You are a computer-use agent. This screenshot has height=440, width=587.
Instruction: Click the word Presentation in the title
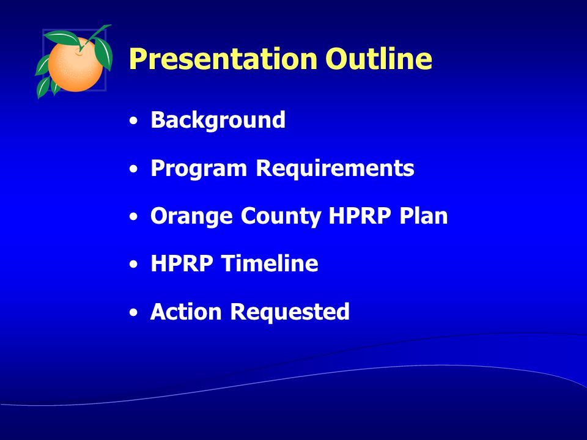pyautogui.click(x=223, y=59)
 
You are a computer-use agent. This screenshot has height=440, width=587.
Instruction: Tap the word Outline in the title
pyautogui.click(x=378, y=59)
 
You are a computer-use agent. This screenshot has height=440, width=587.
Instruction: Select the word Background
pyautogui.click(x=218, y=120)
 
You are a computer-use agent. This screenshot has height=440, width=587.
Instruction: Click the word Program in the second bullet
pyautogui.click(x=199, y=169)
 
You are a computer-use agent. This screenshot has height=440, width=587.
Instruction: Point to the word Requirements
pyautogui.click(x=335, y=169)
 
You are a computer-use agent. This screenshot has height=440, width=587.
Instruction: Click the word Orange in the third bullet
pyautogui.click(x=191, y=216)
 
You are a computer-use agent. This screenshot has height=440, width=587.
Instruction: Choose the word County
pyautogui.click(x=281, y=216)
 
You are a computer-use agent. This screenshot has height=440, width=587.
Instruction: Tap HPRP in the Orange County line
pyautogui.click(x=360, y=216)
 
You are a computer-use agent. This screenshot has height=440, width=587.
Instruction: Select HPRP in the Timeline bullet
pyautogui.click(x=182, y=263)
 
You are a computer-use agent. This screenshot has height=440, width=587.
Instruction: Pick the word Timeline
pyautogui.click(x=270, y=263)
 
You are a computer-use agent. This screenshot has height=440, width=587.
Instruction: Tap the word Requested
pyautogui.click(x=290, y=312)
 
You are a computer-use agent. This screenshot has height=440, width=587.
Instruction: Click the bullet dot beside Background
pyautogui.click(x=133, y=121)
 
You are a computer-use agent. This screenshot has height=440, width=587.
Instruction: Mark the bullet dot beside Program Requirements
pyautogui.click(x=133, y=169)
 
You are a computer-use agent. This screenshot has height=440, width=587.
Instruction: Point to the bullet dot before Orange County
pyautogui.click(x=133, y=217)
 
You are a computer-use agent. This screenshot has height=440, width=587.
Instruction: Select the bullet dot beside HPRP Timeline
pyautogui.click(x=133, y=265)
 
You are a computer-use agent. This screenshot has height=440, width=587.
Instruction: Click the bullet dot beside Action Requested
pyautogui.click(x=133, y=312)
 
